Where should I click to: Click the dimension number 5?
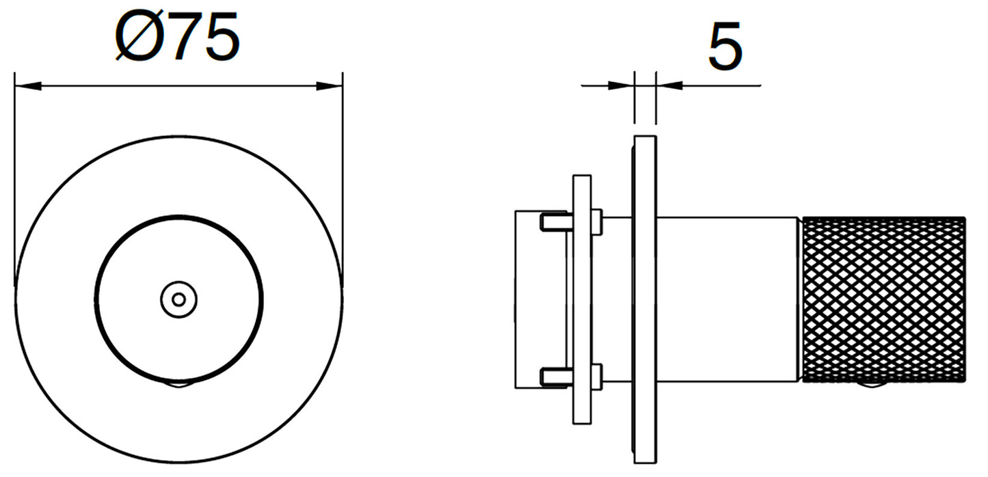pyautogui.click(x=725, y=45)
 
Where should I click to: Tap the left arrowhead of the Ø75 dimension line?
pyautogui.click(x=28, y=85)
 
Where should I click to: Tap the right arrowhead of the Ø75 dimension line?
pyautogui.click(x=330, y=85)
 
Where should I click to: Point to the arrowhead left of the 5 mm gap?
pyautogui.click(x=621, y=85)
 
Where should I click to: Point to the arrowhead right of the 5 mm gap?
pyautogui.click(x=669, y=85)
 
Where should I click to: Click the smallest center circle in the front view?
pyautogui.click(x=178, y=300)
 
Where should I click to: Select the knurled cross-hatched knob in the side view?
pyautogui.click(x=883, y=299)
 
